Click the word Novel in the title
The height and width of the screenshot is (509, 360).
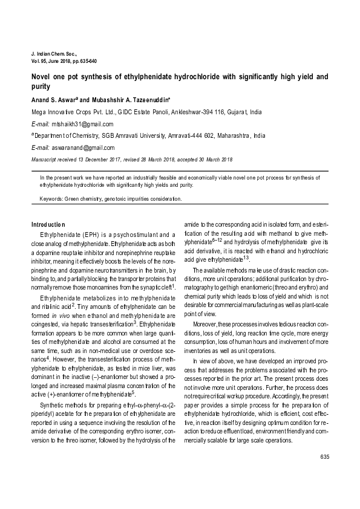pyautogui.click(x=41, y=77)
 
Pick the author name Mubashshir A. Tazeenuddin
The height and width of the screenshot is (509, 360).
pyautogui.click(x=129, y=99)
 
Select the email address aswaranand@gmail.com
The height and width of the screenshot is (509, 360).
pyautogui.click(x=82, y=147)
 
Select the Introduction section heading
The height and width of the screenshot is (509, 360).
pyautogui.click(x=48, y=224)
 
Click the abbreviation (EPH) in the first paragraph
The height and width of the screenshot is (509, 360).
pyautogui.click(x=89, y=235)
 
